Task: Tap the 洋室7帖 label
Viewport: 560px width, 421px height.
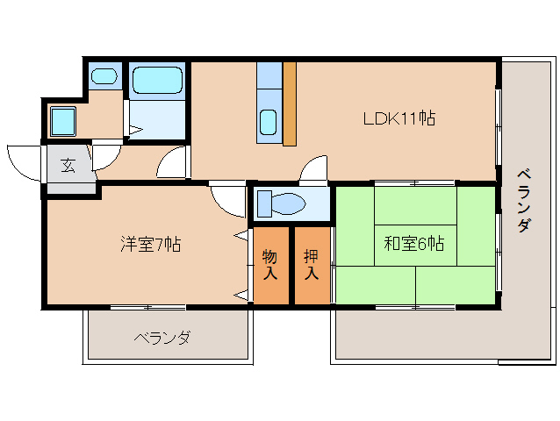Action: click(x=151, y=244)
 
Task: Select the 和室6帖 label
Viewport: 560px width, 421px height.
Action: click(x=413, y=244)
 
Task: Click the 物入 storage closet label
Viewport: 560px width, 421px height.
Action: click(x=270, y=264)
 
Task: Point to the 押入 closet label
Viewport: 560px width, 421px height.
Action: click(x=312, y=264)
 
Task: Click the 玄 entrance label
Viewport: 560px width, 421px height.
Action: click(x=68, y=164)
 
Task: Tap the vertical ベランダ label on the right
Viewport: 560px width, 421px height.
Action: click(x=523, y=199)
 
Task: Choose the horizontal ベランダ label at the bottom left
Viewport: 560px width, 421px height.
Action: click(x=162, y=338)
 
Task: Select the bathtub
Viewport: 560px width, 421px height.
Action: click(x=158, y=81)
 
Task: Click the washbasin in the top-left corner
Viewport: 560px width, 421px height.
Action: click(x=104, y=75)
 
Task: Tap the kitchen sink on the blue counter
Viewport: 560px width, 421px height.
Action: click(x=269, y=121)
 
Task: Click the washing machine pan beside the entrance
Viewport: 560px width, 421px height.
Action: click(x=63, y=121)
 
